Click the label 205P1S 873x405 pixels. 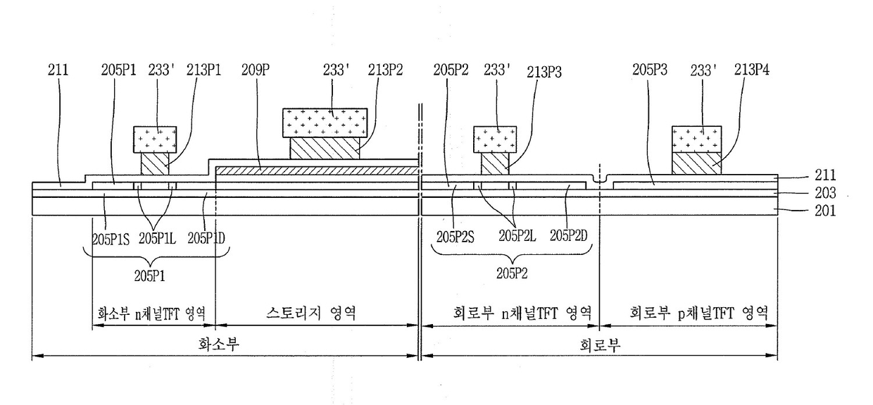tap(111, 238)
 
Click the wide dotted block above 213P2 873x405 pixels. tap(325, 123)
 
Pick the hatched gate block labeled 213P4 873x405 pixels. tap(697, 163)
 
